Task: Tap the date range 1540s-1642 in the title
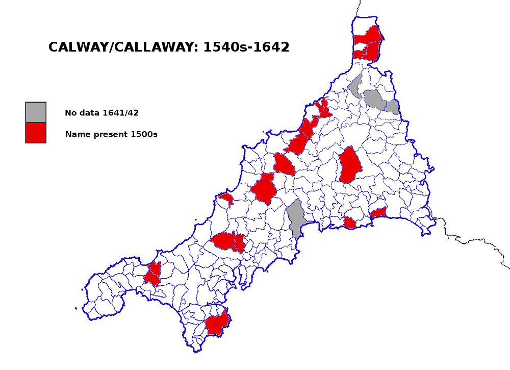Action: pyautogui.click(x=246, y=47)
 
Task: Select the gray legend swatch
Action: pyautogui.click(x=36, y=112)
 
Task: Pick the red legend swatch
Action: pyautogui.click(x=36, y=133)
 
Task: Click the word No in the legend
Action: pyautogui.click(x=70, y=113)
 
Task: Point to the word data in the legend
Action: pyautogui.click(x=90, y=113)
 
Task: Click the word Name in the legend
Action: pyautogui.click(x=76, y=135)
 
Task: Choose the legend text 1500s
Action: pyautogui.click(x=144, y=135)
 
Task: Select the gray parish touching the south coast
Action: pyautogui.click(x=295, y=218)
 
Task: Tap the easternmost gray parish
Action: pyautogui.click(x=392, y=107)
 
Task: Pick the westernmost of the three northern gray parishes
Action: pyautogui.click(x=355, y=85)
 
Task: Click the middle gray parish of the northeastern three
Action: pyautogui.click(x=374, y=99)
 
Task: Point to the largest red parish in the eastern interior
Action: pyautogui.click(x=350, y=165)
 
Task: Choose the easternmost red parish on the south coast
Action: pyautogui.click(x=378, y=212)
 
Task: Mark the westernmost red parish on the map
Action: pyautogui.click(x=152, y=275)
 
